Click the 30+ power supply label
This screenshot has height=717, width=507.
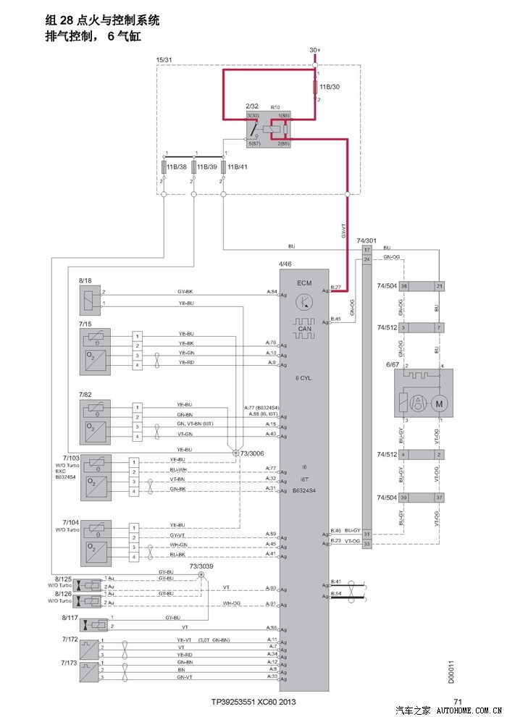(315, 50)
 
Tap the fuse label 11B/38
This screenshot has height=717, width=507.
(177, 167)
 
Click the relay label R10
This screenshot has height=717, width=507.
(275, 107)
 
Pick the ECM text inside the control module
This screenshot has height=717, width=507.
(304, 282)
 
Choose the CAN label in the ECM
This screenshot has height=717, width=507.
(304, 330)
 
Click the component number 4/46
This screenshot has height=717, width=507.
(286, 265)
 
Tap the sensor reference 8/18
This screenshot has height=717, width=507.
(85, 280)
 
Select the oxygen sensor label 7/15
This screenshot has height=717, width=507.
(85, 324)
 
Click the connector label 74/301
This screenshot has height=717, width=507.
(366, 240)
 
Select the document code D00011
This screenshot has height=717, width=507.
(451, 671)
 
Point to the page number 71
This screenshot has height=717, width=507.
(457, 702)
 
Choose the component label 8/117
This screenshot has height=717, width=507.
(70, 618)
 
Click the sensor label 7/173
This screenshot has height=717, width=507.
(70, 663)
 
